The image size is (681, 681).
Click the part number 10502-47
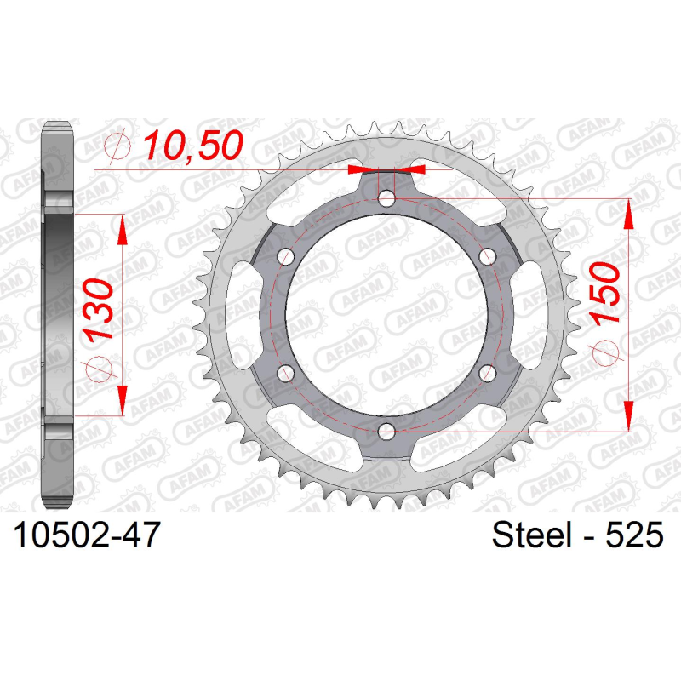point(88,535)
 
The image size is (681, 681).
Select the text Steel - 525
point(578,535)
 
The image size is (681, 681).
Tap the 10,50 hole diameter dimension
point(193,145)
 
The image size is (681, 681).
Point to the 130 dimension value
point(98,309)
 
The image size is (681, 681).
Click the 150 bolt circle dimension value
point(605,293)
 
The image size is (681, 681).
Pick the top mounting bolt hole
point(386,199)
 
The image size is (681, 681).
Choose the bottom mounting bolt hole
point(386,432)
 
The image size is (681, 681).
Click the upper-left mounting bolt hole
point(286,257)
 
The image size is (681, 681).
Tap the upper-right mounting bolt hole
point(487,257)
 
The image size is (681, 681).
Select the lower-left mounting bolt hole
point(286,373)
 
